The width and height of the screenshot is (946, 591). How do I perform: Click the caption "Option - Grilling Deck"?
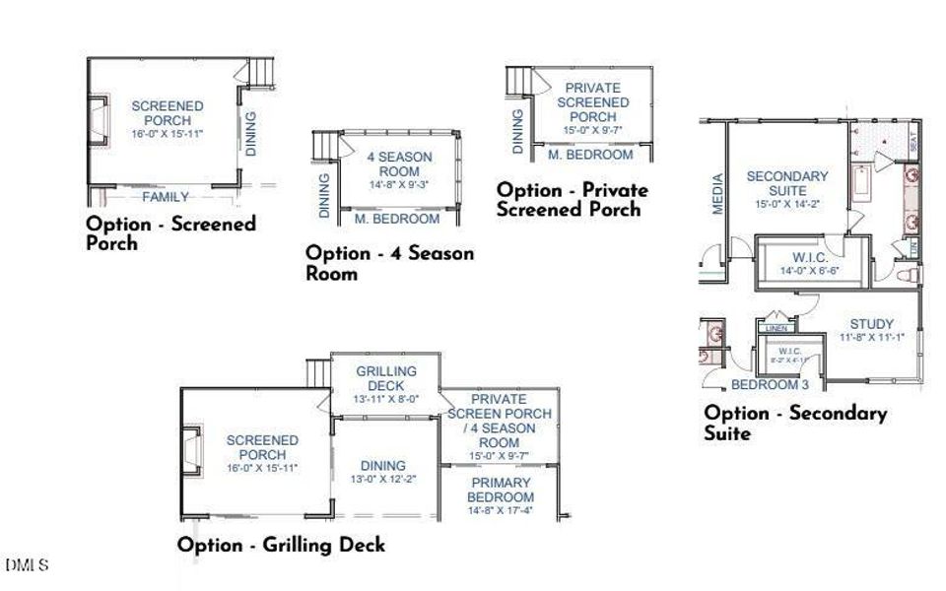281,545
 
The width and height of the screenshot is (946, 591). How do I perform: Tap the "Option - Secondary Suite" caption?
795,423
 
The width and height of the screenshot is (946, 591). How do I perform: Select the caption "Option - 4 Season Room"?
389,263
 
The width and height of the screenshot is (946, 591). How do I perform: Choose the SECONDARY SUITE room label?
787,183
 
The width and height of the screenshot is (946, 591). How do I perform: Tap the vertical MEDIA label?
717,193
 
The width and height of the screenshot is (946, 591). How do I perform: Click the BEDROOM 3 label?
771,384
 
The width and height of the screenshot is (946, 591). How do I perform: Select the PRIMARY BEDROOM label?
501,490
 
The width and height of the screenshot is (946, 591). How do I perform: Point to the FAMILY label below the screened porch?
165,197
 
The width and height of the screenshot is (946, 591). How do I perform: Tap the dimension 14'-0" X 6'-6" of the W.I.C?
808,270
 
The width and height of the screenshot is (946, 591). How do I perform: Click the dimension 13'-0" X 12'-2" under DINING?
383,480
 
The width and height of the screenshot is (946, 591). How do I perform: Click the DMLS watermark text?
27,565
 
